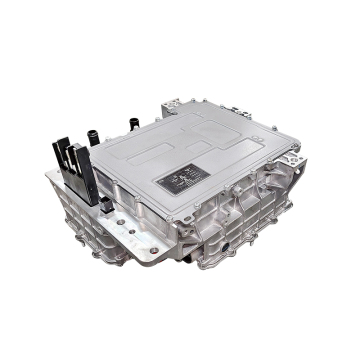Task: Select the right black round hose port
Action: click(131, 124)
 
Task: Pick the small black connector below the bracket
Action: click(105, 203)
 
